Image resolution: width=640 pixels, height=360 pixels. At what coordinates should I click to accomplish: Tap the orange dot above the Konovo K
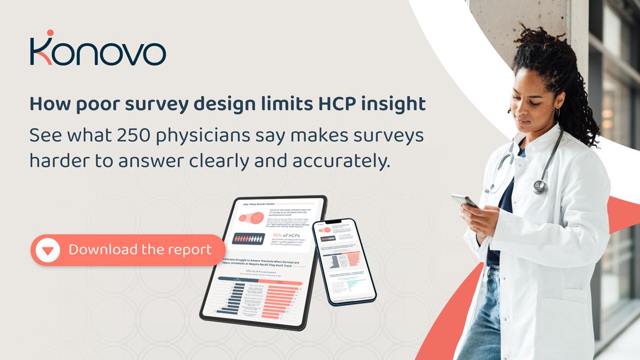pyautogui.click(x=50, y=34)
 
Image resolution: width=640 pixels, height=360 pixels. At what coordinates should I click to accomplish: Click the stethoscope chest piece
pyautogui.click(x=540, y=186)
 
